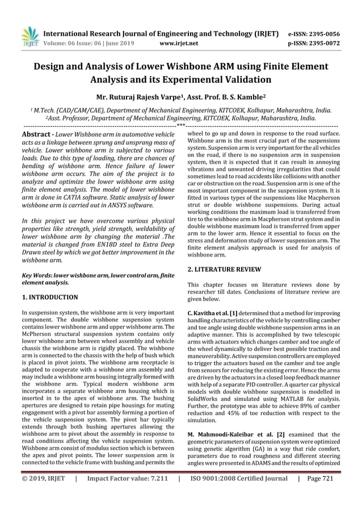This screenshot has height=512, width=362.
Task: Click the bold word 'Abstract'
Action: click(35, 133)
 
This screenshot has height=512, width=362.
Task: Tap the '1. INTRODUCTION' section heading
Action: click(50, 297)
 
